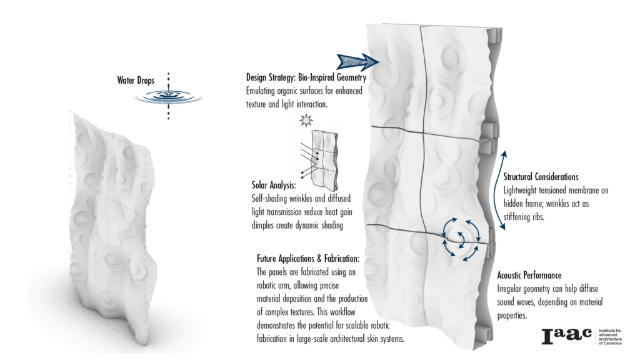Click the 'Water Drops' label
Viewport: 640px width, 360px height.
pos(136,80)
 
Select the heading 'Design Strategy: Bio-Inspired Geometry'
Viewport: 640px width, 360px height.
pos(306,78)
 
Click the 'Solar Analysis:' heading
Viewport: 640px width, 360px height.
pos(274,186)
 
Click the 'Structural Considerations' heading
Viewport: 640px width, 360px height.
pos(541,177)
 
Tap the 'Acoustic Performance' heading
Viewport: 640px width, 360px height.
pos(529,275)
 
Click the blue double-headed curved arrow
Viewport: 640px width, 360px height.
pos(504,187)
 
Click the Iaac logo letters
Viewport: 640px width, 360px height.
pos(566,336)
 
